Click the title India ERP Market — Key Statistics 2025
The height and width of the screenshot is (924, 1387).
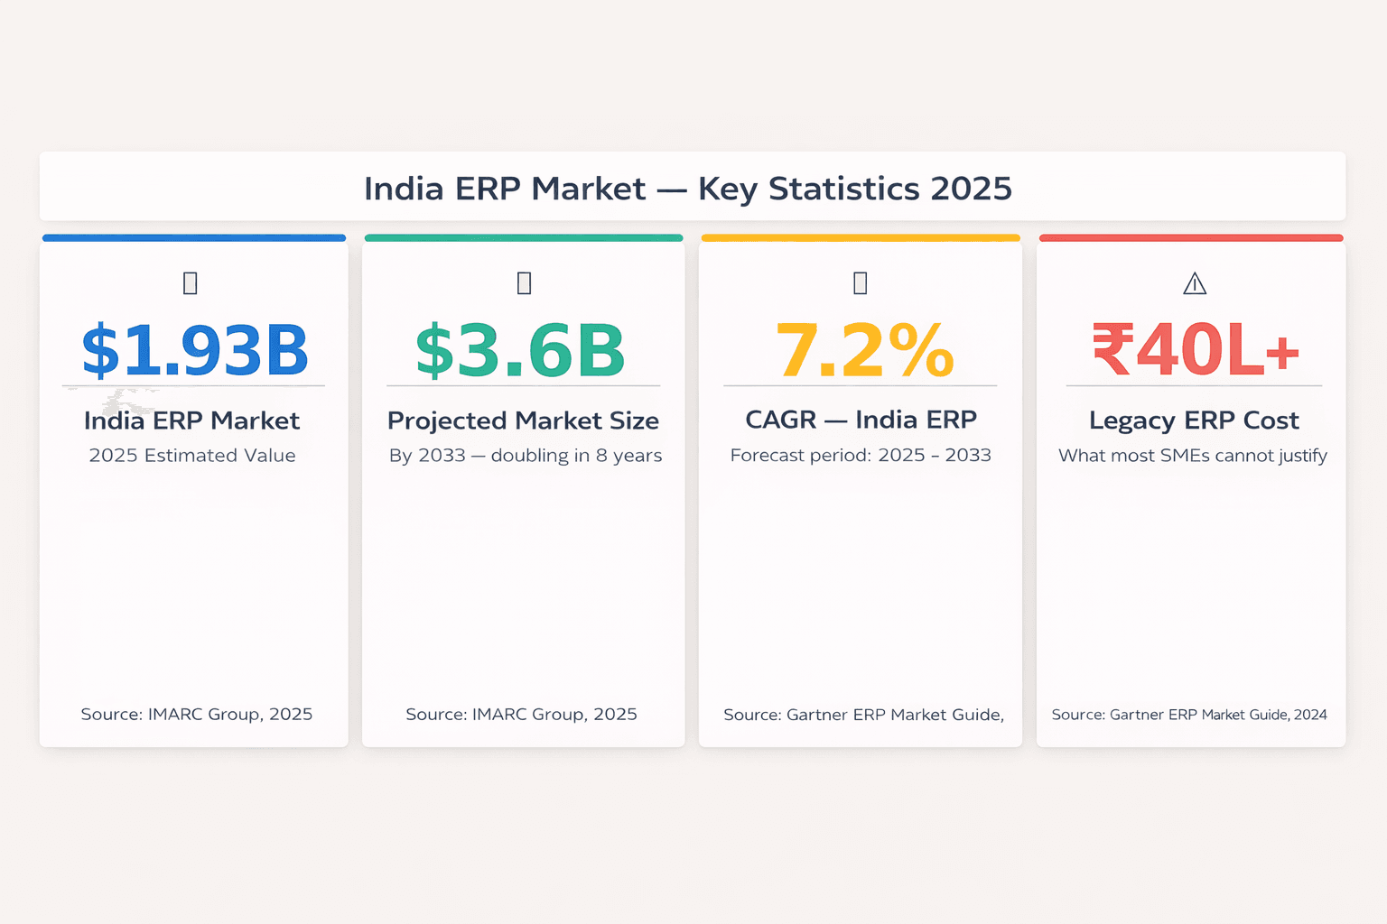coord(687,189)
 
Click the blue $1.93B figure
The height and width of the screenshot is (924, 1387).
coord(195,351)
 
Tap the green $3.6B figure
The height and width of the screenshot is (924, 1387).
coord(521,351)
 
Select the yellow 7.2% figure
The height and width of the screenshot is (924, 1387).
coord(864,351)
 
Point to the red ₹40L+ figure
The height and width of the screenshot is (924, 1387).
coord(1196,351)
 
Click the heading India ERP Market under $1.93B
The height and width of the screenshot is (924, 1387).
coord(191,420)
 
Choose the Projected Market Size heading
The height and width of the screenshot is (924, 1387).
coord(523,420)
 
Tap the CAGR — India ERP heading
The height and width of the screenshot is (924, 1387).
coord(861,420)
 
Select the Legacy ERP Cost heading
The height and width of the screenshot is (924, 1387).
coord(1194,420)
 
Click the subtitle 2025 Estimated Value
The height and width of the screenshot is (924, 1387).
coord(192,456)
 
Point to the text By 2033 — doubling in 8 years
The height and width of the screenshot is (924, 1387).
coord(526,456)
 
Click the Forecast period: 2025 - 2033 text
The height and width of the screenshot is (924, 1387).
coord(861,456)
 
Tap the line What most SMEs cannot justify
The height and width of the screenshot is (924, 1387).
coord(1193,456)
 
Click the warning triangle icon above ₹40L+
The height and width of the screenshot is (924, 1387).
coord(1195,284)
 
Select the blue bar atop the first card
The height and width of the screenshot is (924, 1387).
coord(194,238)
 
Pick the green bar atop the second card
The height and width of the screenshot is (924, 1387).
coord(524,238)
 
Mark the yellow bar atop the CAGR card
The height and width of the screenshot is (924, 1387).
coord(861,238)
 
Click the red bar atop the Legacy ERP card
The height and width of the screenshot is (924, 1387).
coord(1191,238)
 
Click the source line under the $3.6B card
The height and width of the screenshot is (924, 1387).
coord(521,715)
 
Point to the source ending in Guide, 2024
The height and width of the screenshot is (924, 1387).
coord(1189,715)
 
